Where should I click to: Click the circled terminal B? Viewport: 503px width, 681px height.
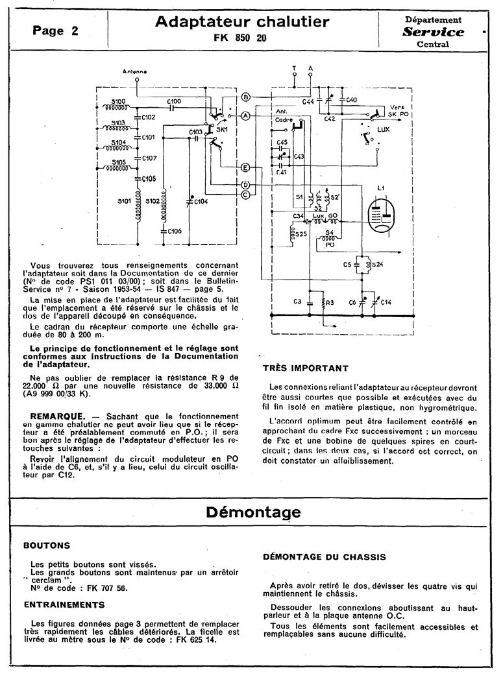click(246, 97)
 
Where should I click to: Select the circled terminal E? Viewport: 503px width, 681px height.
click(246, 168)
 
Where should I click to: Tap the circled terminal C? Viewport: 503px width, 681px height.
click(246, 194)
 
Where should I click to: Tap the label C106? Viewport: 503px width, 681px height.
click(175, 231)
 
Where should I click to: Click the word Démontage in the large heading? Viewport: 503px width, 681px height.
click(253, 512)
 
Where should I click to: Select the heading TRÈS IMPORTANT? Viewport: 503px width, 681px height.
click(305, 368)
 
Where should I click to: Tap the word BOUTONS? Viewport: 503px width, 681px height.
click(46, 546)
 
